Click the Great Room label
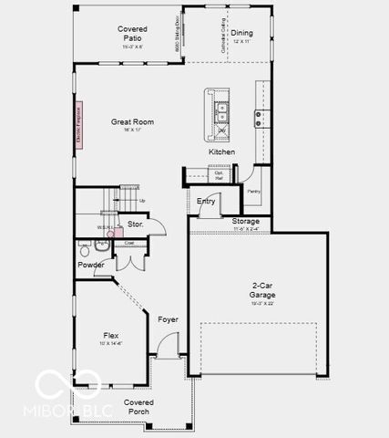pos(132,122)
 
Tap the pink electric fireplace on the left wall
pos(79,118)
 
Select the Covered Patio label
pos(132,34)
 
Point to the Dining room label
pos(241,34)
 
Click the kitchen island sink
pos(221,112)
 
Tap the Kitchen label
pos(221,151)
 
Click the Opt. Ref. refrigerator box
pos(219,175)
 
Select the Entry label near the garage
pos(206,201)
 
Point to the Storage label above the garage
pos(245,222)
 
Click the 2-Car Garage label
pos(262,290)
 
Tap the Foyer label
pos(168,319)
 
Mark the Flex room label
pos(112,338)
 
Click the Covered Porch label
pos(138,406)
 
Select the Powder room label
pos(90,265)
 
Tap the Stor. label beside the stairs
pos(135,224)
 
